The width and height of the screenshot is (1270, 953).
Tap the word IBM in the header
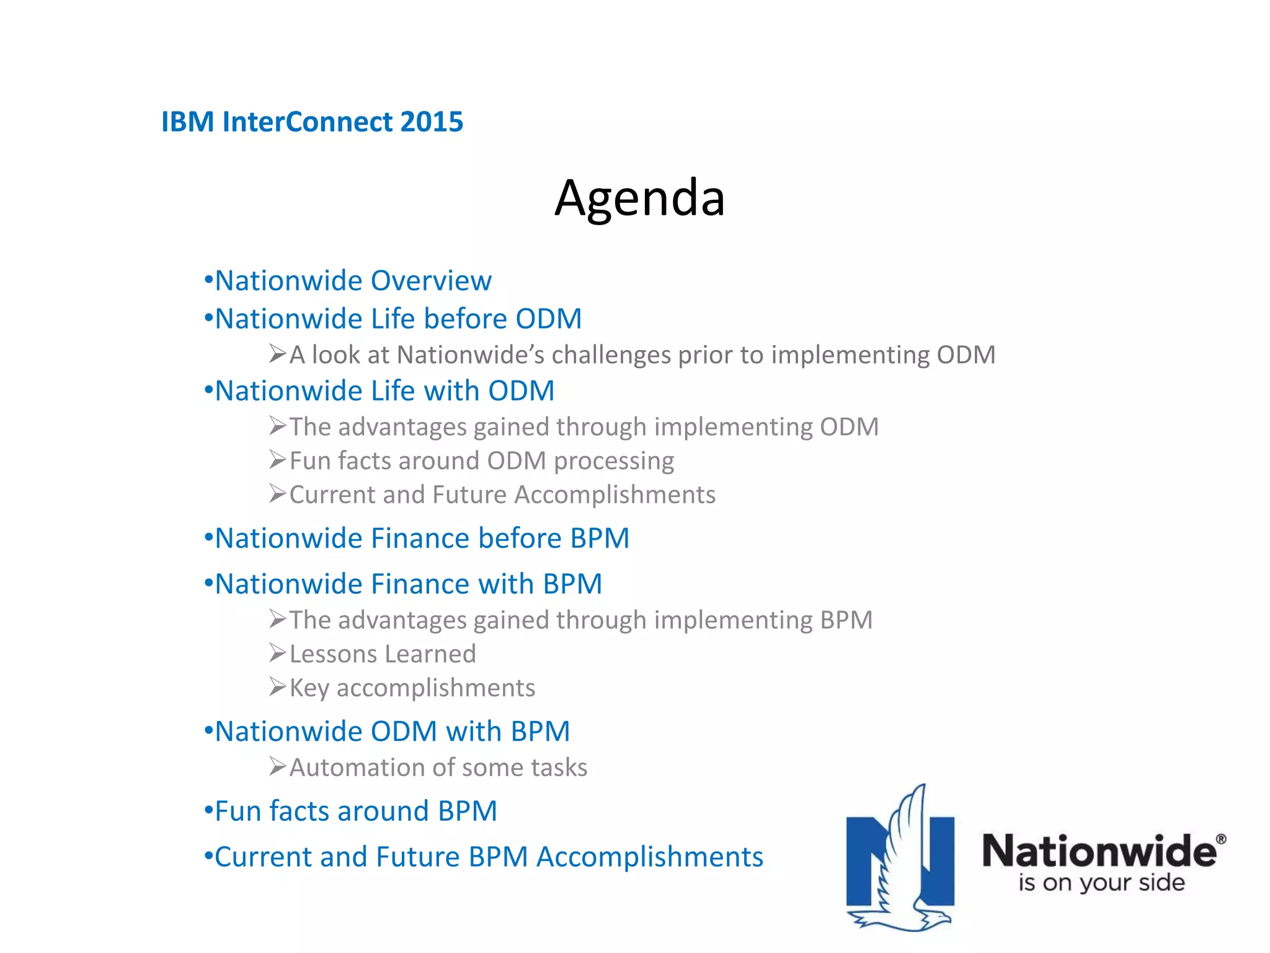[188, 122]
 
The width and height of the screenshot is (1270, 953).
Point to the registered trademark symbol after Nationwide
[1220, 839]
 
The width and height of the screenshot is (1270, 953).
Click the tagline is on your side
[1101, 883]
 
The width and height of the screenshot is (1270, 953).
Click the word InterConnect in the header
[308, 122]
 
